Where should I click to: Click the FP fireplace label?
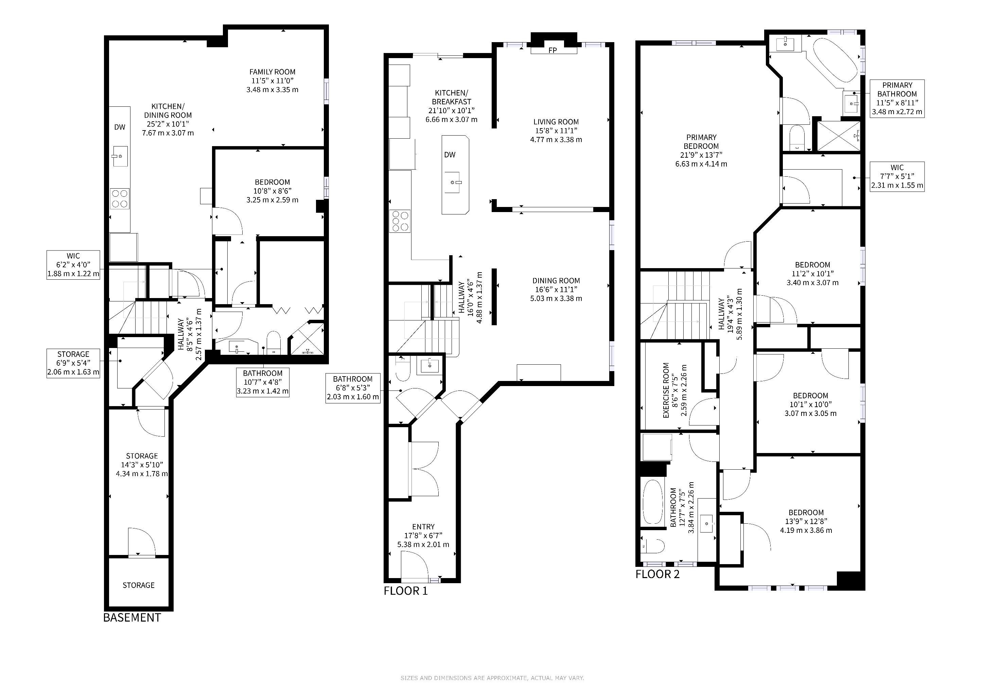click(552, 51)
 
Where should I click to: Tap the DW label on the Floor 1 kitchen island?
click(450, 155)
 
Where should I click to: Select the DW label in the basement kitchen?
click(120, 127)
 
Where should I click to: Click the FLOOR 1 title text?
click(405, 591)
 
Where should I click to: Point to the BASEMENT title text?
click(132, 617)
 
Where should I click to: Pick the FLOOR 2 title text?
click(657, 574)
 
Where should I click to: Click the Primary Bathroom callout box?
click(897, 99)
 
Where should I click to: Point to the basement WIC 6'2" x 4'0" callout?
click(73, 265)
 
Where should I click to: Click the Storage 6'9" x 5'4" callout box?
click(73, 363)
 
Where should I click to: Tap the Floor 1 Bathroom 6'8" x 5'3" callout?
click(353, 388)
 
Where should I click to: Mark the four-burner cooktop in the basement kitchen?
click(120, 199)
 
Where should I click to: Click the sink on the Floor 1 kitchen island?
click(455, 182)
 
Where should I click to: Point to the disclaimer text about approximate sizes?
click(492, 678)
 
